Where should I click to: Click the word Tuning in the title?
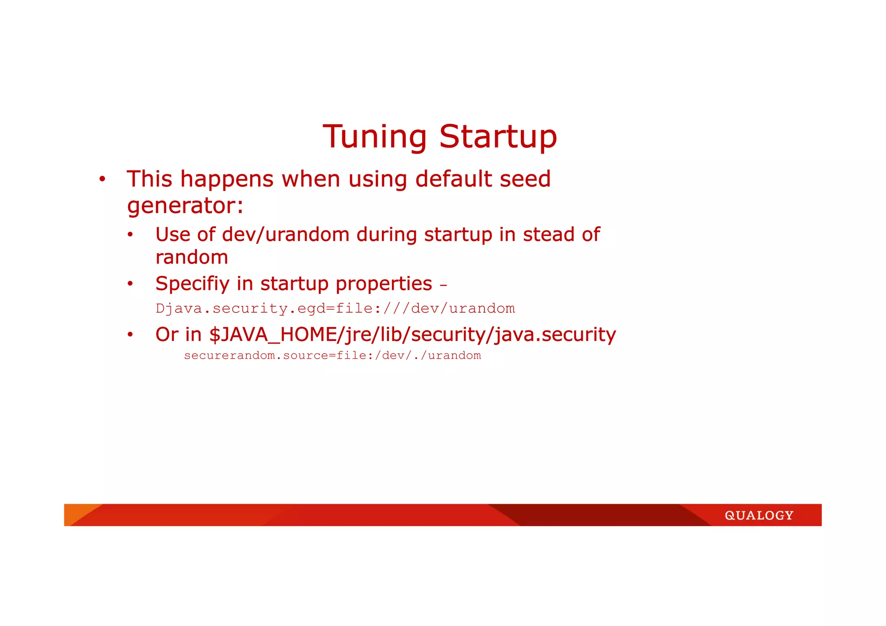pyautogui.click(x=375, y=137)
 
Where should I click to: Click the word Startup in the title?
pyautogui.click(x=498, y=137)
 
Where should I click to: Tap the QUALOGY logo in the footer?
pyautogui.click(x=759, y=515)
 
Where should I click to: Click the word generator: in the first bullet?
pyautogui.click(x=185, y=205)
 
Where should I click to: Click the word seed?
pyautogui.click(x=525, y=179)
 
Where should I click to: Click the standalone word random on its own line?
pyautogui.click(x=192, y=257)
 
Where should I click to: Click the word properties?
pyautogui.click(x=384, y=284)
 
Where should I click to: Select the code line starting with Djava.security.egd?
pyautogui.click(x=335, y=308)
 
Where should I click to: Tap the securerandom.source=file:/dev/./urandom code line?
pyautogui.click(x=332, y=356)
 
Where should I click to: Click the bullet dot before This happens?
pyautogui.click(x=102, y=180)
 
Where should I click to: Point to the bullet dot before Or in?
pyautogui.click(x=130, y=335)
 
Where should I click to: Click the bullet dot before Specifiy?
pyautogui.click(x=130, y=284)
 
